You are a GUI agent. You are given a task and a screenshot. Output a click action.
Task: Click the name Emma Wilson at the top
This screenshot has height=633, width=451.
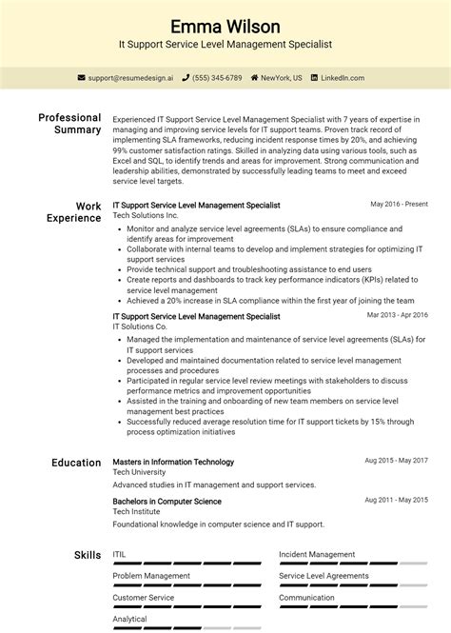225,25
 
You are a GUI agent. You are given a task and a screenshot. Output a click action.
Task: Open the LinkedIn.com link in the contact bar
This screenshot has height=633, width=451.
346,78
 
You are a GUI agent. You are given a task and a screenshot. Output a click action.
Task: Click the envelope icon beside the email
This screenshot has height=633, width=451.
82,78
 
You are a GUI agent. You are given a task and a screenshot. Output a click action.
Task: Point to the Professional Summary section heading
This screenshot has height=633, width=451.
69,124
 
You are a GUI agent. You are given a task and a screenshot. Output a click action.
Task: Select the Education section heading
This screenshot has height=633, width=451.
76,463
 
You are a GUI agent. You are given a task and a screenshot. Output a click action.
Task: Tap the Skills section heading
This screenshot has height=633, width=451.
87,555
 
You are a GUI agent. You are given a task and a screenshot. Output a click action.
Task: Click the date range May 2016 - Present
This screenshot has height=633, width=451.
399,204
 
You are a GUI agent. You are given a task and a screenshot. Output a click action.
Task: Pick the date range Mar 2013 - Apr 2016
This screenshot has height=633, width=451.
397,315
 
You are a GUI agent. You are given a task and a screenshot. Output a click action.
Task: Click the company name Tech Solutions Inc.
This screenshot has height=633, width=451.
145,215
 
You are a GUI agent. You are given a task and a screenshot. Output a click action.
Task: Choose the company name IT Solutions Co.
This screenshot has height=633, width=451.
139,326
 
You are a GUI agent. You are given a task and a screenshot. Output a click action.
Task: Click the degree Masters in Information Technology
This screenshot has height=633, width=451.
173,462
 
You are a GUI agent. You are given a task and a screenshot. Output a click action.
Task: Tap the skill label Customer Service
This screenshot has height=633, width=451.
144,598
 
